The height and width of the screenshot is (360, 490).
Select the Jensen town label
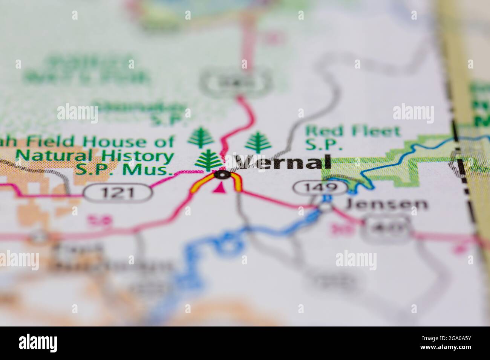[387, 204]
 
